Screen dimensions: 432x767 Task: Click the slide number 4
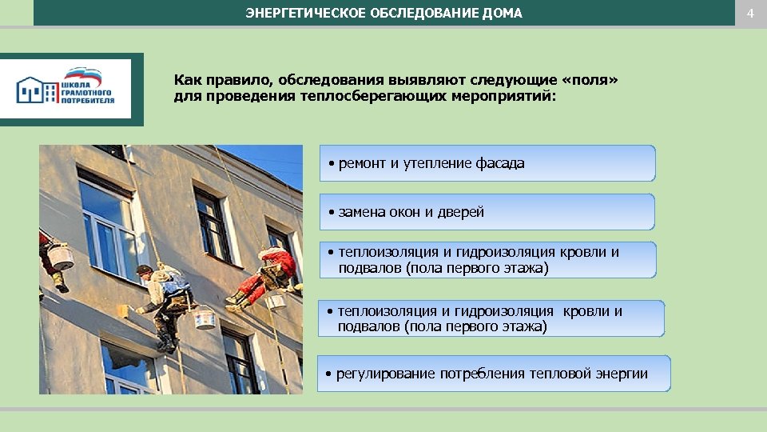750,13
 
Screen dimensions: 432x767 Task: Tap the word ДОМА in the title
503,13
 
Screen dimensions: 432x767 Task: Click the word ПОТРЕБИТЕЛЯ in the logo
88,102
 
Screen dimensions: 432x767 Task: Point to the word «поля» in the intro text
587,80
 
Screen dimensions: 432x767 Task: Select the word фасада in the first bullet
500,163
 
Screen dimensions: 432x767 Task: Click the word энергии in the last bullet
622,374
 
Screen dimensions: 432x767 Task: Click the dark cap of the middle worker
144,270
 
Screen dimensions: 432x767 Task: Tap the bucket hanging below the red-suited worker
275,302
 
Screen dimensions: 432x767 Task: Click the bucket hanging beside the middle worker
205,318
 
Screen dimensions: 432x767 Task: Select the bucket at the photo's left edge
61,258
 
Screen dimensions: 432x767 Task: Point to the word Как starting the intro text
188,80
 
